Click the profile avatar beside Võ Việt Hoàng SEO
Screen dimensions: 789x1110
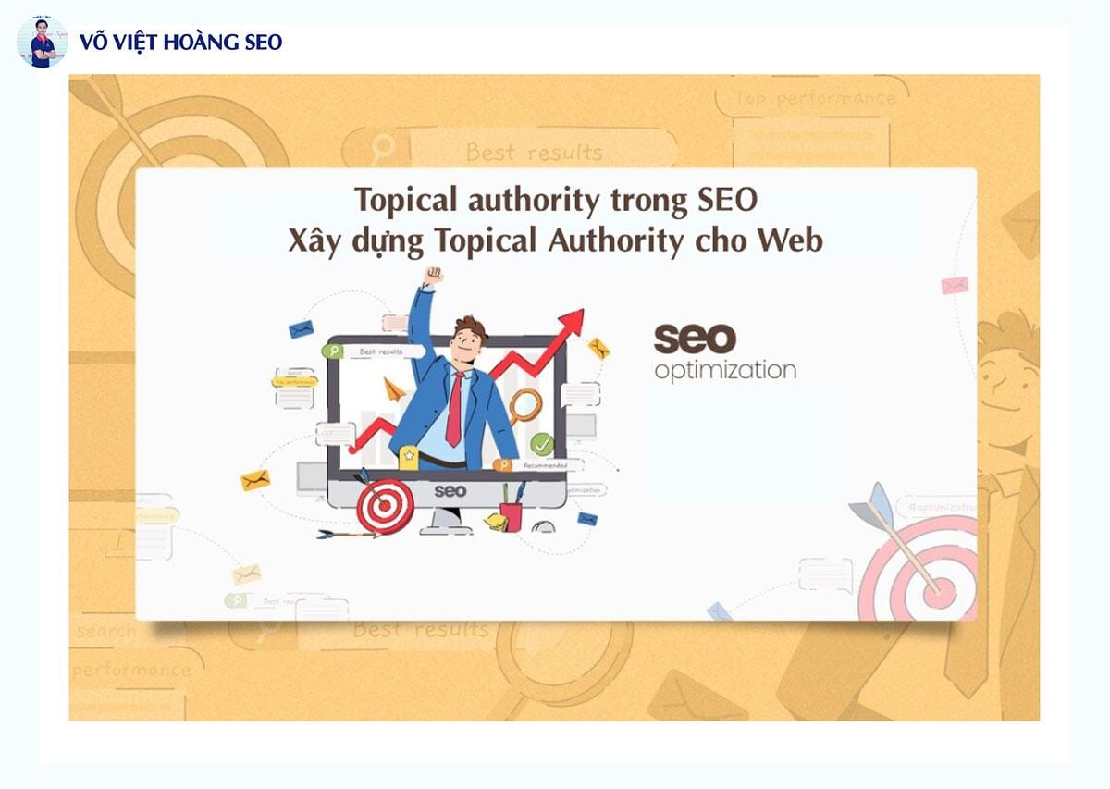[42, 42]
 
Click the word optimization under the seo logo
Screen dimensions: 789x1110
[724, 371]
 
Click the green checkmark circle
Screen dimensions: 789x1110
[542, 445]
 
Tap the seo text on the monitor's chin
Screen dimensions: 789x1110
[450, 490]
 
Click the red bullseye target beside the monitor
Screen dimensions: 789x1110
[384, 507]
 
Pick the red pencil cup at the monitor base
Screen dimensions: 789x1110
[511, 514]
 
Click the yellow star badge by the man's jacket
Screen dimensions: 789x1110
[408, 453]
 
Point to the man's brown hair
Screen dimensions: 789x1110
[470, 327]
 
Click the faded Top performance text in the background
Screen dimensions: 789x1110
[815, 98]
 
